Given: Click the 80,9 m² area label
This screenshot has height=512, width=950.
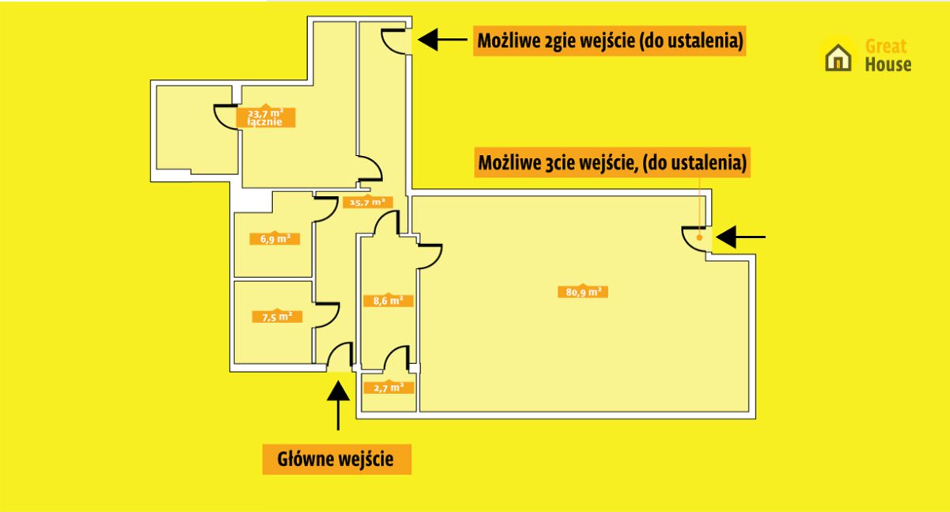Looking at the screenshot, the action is tap(583, 291).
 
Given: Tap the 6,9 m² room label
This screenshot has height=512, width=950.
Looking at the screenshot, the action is tap(275, 239).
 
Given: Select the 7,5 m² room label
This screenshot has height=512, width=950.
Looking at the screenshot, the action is tap(277, 317).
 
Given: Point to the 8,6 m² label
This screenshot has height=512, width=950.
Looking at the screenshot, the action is tap(388, 301).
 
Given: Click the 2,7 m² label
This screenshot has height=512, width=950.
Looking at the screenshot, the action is tap(389, 388).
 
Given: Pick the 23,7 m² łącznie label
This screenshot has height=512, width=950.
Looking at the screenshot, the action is tap(265, 117).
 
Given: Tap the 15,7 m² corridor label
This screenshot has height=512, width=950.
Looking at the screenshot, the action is tap(367, 202).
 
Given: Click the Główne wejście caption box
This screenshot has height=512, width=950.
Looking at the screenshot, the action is tap(336, 459).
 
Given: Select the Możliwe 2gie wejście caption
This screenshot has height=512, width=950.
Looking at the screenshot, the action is tap(610, 40).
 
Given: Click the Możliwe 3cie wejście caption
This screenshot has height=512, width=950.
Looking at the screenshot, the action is tap(612, 162).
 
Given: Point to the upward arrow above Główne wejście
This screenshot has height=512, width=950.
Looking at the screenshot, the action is tap(338, 405).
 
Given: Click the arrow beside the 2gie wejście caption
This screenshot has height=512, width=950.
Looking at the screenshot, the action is tap(443, 40).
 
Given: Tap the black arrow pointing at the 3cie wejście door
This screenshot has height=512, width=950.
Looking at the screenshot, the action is tap(740, 237).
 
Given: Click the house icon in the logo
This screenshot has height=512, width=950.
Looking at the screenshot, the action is tap(838, 58).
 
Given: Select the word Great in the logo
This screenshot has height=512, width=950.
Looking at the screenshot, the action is tap(886, 46).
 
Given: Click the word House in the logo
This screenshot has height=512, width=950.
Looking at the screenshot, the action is tap(888, 64).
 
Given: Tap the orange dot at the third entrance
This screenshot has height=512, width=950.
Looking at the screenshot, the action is tap(699, 237).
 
